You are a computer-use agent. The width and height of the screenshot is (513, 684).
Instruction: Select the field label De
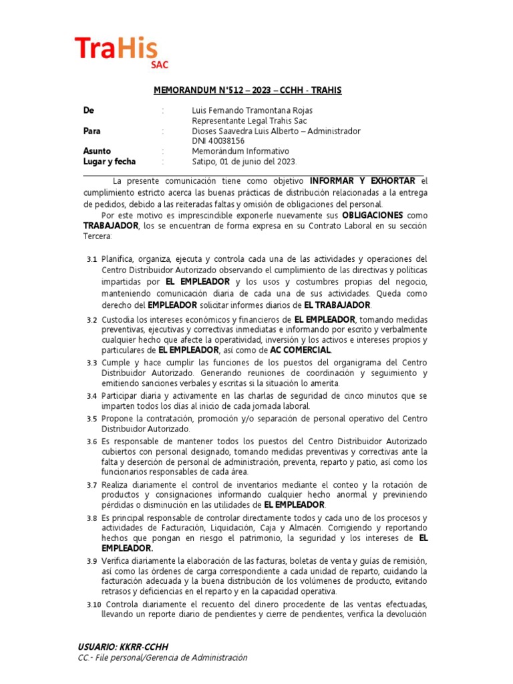point(88,110)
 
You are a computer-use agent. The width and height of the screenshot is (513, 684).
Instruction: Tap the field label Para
point(92,131)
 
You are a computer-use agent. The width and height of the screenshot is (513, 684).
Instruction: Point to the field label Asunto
point(97,151)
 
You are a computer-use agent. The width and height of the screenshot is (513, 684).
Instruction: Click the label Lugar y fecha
point(109,162)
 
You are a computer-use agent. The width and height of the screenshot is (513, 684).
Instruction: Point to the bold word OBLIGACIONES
point(372,216)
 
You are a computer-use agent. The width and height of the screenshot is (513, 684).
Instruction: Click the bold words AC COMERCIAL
point(300,350)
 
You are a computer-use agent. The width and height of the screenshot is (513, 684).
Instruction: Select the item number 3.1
point(92,259)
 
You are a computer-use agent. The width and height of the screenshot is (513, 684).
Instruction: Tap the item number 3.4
point(92,396)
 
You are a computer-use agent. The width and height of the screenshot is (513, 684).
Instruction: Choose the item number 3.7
point(92,485)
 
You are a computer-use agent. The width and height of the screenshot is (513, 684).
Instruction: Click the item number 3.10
point(94,605)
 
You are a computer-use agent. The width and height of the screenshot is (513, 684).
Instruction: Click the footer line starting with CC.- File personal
point(162,658)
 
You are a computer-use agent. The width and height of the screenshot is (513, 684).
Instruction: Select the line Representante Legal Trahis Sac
point(248,121)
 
